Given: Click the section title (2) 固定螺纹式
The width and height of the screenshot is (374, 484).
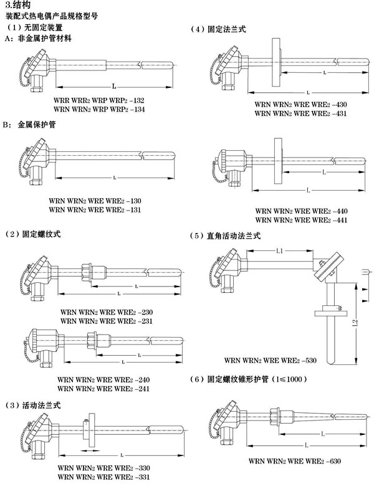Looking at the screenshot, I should coord(34,234).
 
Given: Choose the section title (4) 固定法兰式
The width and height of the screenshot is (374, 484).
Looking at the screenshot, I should coord(221,29).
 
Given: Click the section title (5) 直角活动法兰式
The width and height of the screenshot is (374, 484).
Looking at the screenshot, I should coord(225,237).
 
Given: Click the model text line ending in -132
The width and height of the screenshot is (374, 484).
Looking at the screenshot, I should coord(100,100).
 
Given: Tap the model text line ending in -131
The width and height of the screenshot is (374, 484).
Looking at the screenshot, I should coord(95,210).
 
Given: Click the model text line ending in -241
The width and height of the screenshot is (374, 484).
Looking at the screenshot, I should coord(95,389).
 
